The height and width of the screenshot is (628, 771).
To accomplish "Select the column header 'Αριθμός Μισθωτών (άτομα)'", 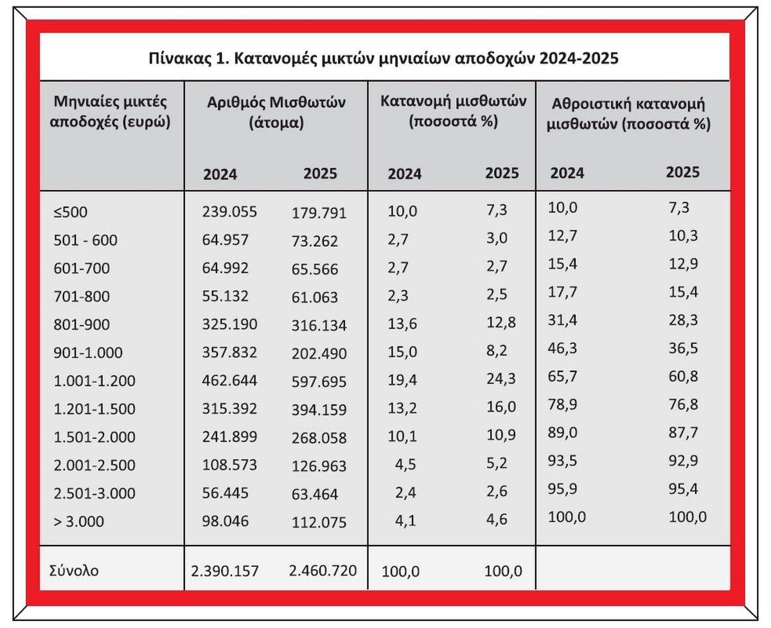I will point(276,112).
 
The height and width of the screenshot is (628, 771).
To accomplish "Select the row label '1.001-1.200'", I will point(95,381).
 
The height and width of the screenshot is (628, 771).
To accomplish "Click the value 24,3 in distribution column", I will point(501,380).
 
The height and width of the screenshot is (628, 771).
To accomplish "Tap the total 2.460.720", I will point(323,570).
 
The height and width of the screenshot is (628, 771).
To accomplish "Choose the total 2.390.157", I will point(225,571).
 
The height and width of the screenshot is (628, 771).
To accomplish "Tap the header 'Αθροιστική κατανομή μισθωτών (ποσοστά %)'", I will point(630,113).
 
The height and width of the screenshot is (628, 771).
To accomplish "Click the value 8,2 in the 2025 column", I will point(501,352).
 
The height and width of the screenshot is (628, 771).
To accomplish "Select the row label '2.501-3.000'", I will point(95,493).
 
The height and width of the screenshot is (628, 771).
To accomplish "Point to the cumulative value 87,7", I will point(682,433).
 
